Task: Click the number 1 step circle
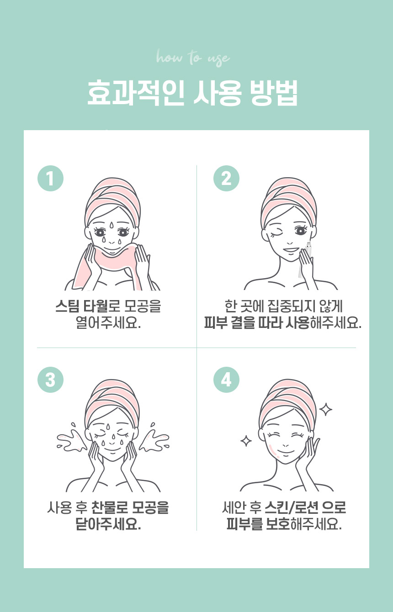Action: (x=50, y=179)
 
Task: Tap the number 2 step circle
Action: (x=226, y=179)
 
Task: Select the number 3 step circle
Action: (x=50, y=380)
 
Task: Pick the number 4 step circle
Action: (x=226, y=380)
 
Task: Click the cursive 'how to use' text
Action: (x=193, y=58)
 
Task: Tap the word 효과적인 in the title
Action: (x=136, y=92)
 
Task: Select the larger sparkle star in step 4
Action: (x=325, y=409)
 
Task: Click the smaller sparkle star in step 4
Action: (x=246, y=441)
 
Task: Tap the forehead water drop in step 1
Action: (x=112, y=226)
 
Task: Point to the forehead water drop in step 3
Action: (x=108, y=427)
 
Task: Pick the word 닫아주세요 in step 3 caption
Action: (x=108, y=524)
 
